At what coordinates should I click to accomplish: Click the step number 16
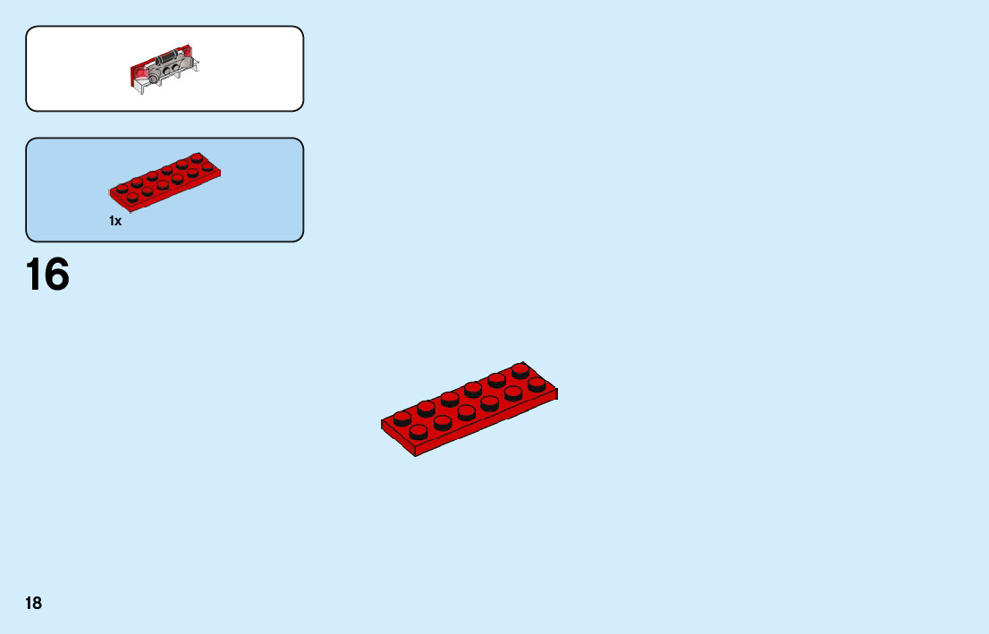pos(47,275)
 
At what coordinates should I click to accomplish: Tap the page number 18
pos(33,604)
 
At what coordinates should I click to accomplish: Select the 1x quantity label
pos(115,221)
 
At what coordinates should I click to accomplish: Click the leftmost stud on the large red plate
pos(402,418)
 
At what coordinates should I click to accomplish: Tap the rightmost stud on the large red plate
pos(537,385)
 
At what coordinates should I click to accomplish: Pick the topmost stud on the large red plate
pos(520,369)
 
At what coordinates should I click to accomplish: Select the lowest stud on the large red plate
pos(418,432)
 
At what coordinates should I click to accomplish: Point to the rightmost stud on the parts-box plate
pos(207,167)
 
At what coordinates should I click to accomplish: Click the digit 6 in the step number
pos(57,275)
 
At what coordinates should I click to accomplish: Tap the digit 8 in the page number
pos(38,604)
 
